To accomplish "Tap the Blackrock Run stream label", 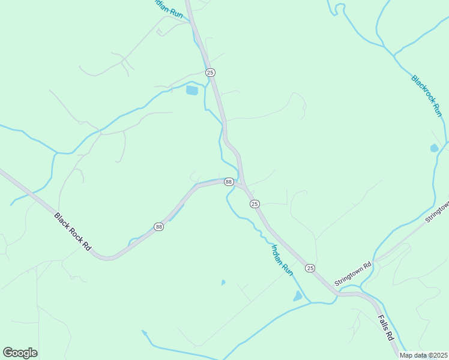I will point(427,96).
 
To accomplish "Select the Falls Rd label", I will point(386,328).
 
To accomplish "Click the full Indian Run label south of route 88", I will point(282,259).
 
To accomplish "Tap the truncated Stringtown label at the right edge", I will point(437,212).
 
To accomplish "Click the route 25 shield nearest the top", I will point(210,72).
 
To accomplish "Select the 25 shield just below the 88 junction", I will point(255,204).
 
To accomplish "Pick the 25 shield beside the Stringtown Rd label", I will point(310,267).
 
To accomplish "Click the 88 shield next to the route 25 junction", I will point(228,181).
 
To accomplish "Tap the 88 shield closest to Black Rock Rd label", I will point(158,226).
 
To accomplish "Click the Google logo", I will point(20,353).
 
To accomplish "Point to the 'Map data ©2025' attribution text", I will point(423,355).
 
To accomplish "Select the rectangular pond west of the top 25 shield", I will point(191,91).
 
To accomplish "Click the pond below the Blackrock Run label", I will point(434,148).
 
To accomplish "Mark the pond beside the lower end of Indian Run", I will point(298,296).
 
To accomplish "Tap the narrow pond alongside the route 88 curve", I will point(176,212).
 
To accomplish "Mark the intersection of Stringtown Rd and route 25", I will point(337,293).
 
